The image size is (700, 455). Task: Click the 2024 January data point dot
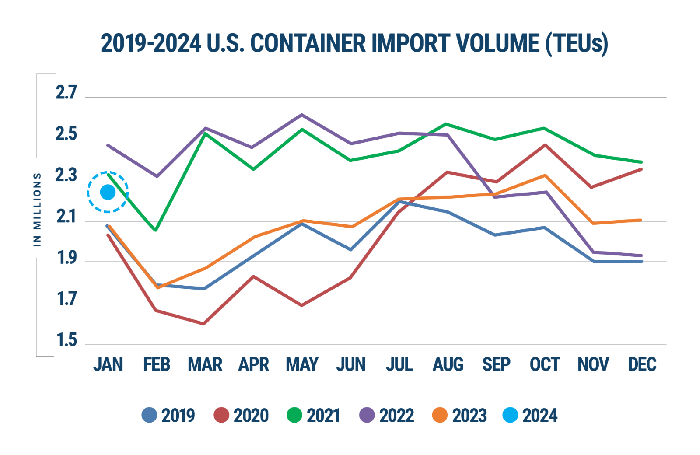point(108,192)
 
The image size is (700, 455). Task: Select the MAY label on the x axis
point(302,364)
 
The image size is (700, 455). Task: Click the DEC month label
point(642,364)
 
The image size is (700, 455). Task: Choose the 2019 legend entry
point(168,415)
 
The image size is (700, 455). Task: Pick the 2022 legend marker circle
point(367,415)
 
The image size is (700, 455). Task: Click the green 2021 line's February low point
point(156,230)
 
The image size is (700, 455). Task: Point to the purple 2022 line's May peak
point(301,115)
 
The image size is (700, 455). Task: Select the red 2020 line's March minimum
point(204,324)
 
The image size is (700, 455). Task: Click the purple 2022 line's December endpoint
point(641,255)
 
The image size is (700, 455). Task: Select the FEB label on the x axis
point(157,364)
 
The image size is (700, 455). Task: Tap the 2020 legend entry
point(241,415)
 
